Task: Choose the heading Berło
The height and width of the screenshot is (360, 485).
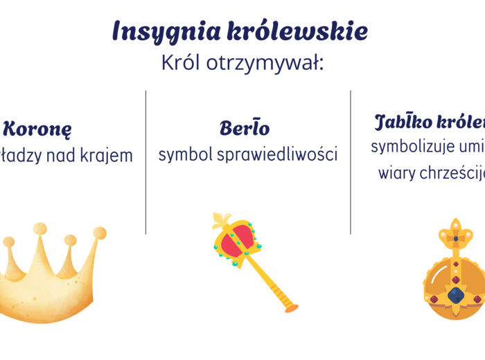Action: pyautogui.click(x=245, y=128)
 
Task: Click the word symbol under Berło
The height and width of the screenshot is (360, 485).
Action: pyautogui.click(x=185, y=154)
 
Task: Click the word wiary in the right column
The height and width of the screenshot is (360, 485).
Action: pyautogui.click(x=395, y=173)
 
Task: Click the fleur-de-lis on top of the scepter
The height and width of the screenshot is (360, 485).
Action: pyautogui.click(x=222, y=222)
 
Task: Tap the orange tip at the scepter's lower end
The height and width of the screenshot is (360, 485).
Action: pyautogui.click(x=292, y=307)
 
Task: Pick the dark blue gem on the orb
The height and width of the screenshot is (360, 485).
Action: pyautogui.click(x=455, y=295)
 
